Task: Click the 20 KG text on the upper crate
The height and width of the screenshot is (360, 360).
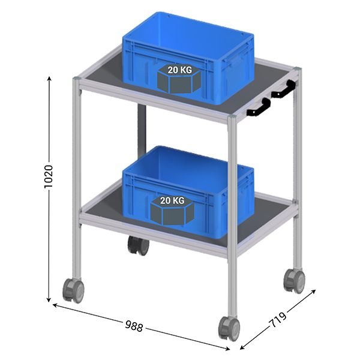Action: (x=180, y=70)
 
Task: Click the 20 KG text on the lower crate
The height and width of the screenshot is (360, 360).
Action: (x=172, y=200)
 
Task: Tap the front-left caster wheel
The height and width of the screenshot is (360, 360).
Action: (x=74, y=290)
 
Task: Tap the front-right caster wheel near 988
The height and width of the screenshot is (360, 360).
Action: (x=229, y=328)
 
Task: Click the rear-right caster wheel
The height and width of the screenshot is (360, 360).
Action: (x=294, y=280)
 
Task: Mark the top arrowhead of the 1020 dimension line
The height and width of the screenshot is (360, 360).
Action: (x=49, y=78)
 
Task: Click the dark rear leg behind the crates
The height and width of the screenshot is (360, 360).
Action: (x=142, y=132)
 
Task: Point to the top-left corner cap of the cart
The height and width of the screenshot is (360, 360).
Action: (x=76, y=79)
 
